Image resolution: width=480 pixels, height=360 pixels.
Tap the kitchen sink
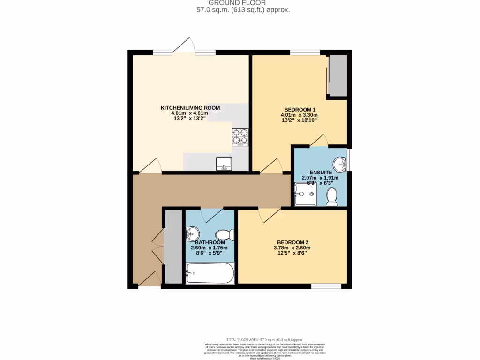point(224,163)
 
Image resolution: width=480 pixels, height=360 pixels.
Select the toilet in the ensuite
point(332,197)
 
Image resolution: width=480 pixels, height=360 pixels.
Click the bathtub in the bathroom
point(210,273)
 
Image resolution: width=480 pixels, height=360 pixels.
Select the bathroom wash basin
point(193,233)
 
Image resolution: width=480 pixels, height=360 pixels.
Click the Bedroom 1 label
point(299,109)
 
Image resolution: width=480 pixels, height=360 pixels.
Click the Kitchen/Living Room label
point(190,108)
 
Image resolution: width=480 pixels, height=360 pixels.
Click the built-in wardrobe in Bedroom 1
point(337,76)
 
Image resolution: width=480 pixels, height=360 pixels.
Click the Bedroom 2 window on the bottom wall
point(326,286)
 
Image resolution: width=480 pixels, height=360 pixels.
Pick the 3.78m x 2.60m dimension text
point(292,248)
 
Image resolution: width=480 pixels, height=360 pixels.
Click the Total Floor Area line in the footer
point(265,340)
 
